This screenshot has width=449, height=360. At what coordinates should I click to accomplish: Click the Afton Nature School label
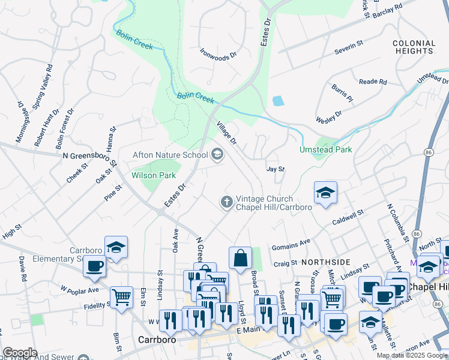[x=170, y=155]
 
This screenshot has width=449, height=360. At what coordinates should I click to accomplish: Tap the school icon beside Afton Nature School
[x=217, y=155]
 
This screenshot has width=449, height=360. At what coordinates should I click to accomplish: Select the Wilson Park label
[x=154, y=175]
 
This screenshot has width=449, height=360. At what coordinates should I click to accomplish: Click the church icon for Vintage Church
[x=227, y=201]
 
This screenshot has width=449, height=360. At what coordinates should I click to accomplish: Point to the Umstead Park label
[x=326, y=149]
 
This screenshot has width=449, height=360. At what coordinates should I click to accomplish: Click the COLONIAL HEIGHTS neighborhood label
[x=414, y=47]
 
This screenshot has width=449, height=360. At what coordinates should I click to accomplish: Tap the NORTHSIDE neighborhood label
[x=325, y=263]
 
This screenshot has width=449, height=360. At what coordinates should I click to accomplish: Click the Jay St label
[x=275, y=170]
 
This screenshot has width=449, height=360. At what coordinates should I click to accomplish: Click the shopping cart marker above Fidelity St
[x=121, y=296]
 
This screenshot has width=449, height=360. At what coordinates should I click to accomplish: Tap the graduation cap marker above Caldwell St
[x=325, y=192]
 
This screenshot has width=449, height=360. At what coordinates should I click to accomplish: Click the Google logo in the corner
[x=19, y=353]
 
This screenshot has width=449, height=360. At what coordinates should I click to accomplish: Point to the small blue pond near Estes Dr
[x=278, y=101]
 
